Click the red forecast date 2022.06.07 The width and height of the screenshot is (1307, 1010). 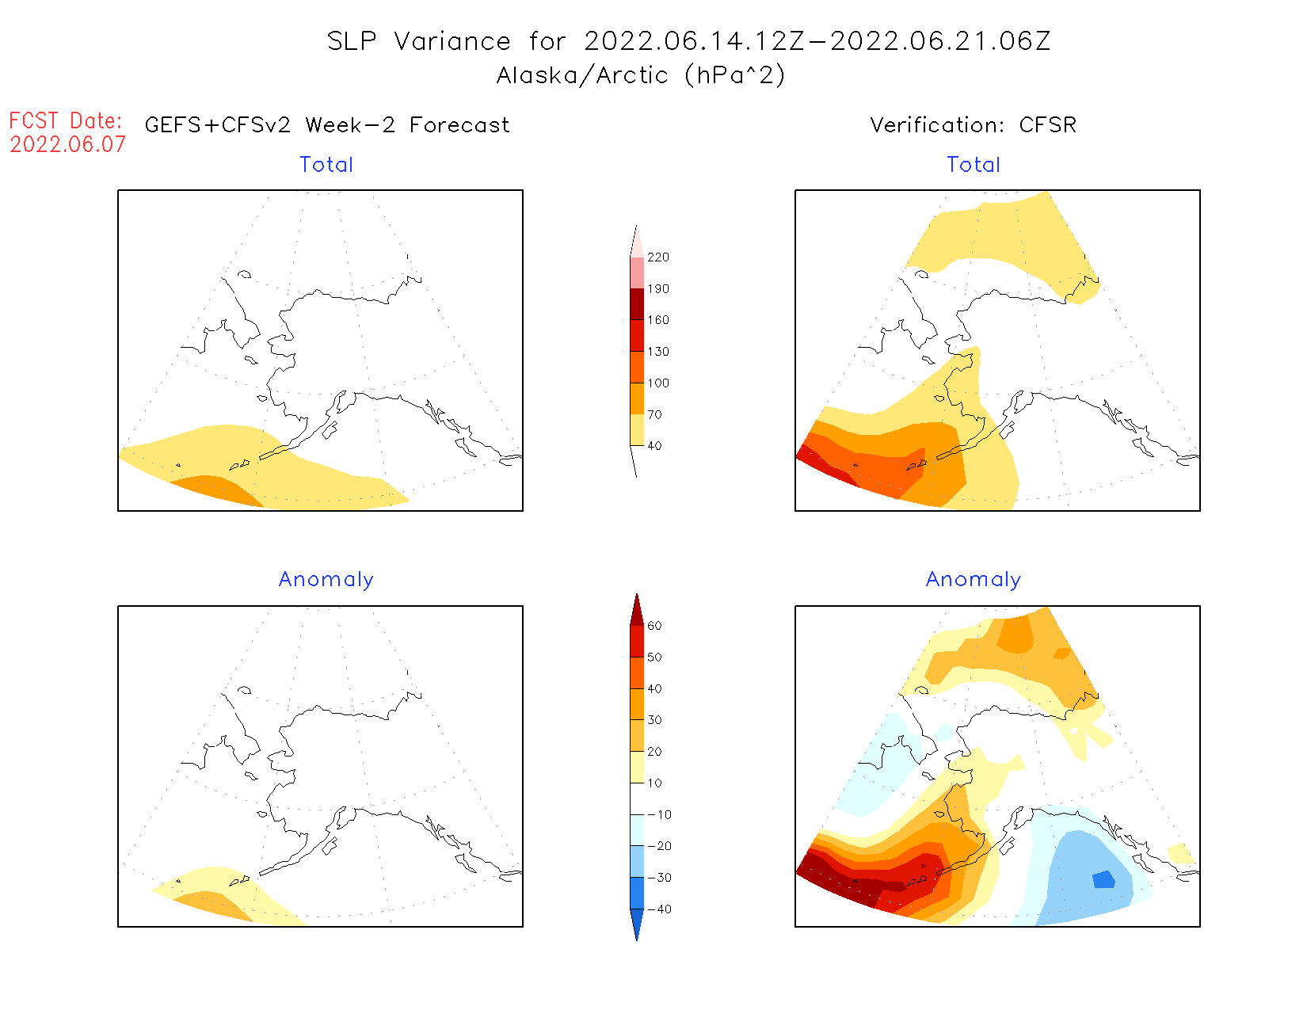coord(67,145)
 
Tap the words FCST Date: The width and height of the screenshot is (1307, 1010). coord(66,121)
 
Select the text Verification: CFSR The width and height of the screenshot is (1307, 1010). coord(973,125)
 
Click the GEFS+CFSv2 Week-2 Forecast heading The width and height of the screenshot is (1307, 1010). coord(327,125)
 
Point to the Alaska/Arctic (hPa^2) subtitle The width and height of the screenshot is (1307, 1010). coord(640,75)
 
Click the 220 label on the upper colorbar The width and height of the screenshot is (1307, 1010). coord(657,257)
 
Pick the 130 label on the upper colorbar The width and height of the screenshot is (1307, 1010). coord(657,352)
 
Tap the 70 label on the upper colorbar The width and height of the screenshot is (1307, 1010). coord(654,414)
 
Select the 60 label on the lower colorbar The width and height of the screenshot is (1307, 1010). coord(654,626)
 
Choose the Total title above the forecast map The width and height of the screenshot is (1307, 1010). coord(326,165)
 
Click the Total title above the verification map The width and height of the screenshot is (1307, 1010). coord(974,165)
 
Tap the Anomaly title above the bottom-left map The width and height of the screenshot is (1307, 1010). coord(326,580)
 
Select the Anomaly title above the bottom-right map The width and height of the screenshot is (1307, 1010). coord(974,580)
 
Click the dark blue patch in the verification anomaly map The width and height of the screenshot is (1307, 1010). coord(1103,879)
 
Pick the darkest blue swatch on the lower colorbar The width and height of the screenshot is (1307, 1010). coord(637,923)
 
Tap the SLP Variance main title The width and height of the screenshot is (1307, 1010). coord(688,41)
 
